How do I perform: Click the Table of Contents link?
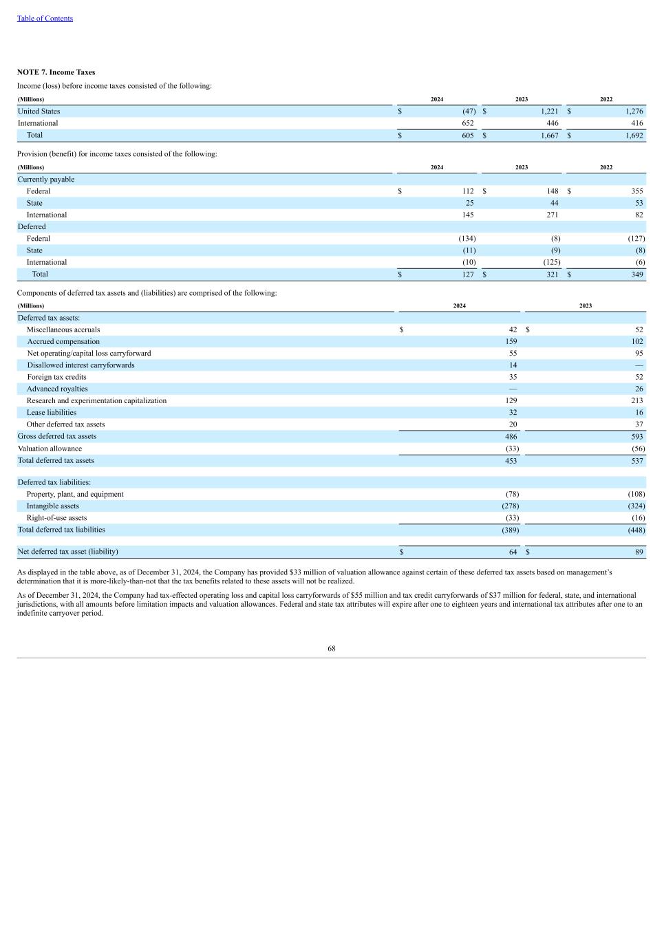point(45,19)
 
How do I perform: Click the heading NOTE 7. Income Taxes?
point(56,72)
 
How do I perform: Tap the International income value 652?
point(467,123)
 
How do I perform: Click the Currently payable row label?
point(46,180)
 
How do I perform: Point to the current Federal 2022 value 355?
point(636,191)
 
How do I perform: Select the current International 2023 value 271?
point(552,215)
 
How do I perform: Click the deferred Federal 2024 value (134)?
point(467,239)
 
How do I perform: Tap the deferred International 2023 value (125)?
point(551,262)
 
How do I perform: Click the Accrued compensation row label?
point(63,341)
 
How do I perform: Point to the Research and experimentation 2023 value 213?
point(636,400)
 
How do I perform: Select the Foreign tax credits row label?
point(56,377)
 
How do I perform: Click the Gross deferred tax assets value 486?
point(511,436)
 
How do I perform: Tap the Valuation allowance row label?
point(50,449)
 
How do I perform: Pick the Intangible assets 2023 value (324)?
point(636,506)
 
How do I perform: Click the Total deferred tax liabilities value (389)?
point(510,530)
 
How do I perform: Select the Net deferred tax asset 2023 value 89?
point(639,552)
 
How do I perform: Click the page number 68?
point(332,648)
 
